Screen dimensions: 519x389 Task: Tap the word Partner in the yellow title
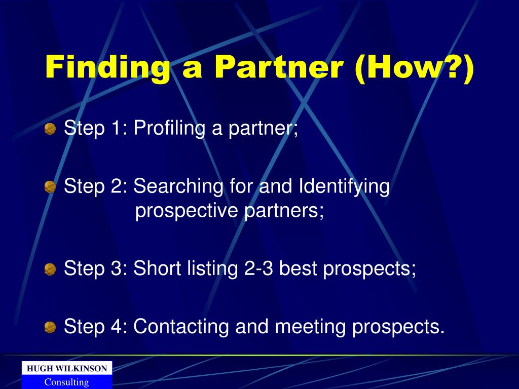pos(279,67)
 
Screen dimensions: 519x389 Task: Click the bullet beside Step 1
pos(50,129)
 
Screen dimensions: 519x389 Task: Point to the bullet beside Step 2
pos(50,187)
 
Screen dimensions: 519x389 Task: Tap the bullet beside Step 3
pos(50,269)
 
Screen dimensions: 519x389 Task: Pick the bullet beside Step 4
pos(50,328)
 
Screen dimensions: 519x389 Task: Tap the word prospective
pos(187,212)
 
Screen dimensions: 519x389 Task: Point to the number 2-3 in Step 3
pos(258,268)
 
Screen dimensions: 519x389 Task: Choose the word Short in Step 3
pos(157,268)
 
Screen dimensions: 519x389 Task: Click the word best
pos(298,268)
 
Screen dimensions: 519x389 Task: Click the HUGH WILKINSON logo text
pos(67,369)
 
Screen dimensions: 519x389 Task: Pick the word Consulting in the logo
pos(66,382)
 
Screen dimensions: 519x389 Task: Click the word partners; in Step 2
pos(284,212)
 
